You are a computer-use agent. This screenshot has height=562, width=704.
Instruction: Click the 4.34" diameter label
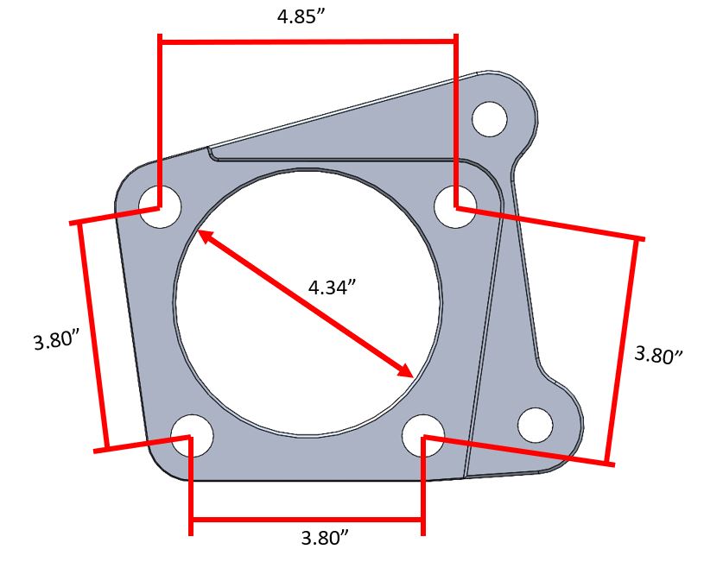coord(333,287)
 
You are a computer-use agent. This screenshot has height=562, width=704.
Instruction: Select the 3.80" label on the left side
coord(56,339)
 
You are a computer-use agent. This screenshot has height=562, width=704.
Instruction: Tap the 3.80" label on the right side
coord(658,354)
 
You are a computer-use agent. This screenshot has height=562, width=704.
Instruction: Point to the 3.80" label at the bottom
coord(325,538)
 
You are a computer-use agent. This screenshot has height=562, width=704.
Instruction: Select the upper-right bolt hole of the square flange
coord(453,206)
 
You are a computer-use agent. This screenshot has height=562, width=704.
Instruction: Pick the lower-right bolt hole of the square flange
coord(423,435)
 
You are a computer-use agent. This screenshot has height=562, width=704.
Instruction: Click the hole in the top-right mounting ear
coord(490,118)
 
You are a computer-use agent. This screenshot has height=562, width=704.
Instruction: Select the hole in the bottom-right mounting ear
coord(535,425)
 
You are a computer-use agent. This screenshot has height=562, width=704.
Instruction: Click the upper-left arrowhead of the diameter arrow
coord(205,236)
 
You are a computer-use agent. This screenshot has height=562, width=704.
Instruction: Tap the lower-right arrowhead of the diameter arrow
coord(406,370)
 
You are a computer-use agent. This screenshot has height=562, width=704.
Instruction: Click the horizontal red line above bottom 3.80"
coord(307,519)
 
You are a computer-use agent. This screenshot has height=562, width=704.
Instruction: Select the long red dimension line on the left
coord(92,337)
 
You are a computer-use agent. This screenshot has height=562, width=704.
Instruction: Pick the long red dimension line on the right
coord(624,350)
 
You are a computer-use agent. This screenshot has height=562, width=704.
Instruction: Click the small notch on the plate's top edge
coord(210,153)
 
